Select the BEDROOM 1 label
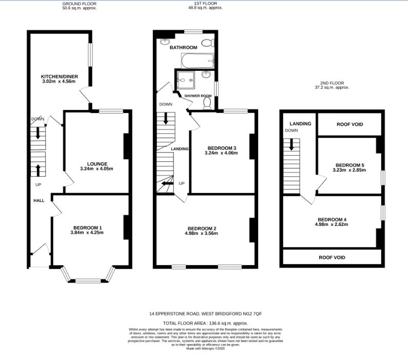click(x=87, y=228)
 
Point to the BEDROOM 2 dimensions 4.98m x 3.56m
click(x=202, y=233)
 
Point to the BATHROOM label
click(x=183, y=47)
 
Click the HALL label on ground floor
click(x=39, y=200)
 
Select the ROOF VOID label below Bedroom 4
click(x=332, y=257)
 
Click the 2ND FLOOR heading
click(x=332, y=83)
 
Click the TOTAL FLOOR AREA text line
click(x=204, y=323)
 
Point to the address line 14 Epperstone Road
click(x=204, y=313)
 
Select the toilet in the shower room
click(x=207, y=103)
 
